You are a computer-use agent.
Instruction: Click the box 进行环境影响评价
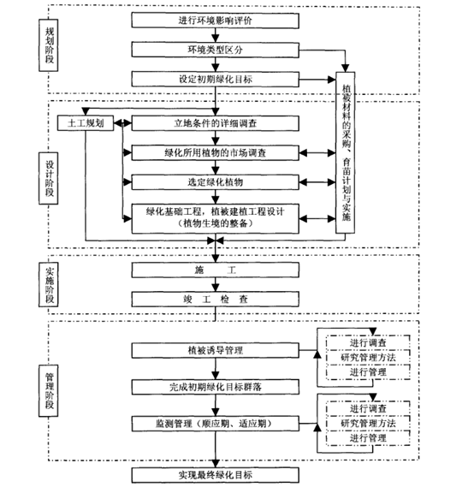[215, 21]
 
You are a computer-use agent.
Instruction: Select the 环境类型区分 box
[215, 50]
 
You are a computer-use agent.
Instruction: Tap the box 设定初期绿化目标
[215, 79]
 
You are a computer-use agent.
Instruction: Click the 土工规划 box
[86, 123]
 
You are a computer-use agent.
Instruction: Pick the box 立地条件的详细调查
[215, 123]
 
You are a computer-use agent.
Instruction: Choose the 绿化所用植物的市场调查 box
[215, 153]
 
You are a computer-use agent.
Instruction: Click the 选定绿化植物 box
[215, 182]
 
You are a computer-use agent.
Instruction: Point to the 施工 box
[215, 270]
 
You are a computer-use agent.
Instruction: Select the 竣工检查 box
[215, 299]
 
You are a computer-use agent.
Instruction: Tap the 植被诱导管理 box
[215, 350]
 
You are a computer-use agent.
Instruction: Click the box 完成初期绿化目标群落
[215, 387]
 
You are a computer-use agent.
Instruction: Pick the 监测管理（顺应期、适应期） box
[215, 424]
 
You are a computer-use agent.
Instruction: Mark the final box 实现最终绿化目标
[215, 475]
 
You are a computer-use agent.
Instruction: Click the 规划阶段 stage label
[49, 45]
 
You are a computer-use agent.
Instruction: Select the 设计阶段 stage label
[49, 178]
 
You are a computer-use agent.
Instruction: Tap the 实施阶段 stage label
[49, 284]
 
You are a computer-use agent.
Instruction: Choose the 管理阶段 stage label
[49, 391]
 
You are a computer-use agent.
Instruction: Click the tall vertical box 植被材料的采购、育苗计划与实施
[345, 152]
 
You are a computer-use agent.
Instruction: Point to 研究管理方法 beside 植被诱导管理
[368, 358]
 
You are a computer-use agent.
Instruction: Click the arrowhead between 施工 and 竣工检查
[216, 288]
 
